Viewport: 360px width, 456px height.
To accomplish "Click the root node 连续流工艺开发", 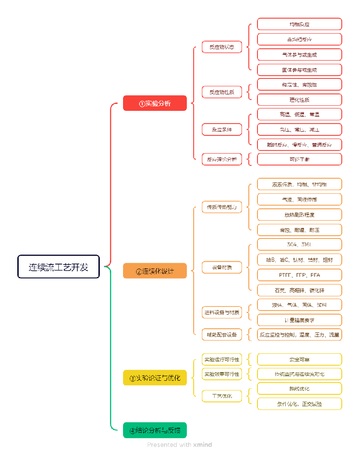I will pyautogui.click(x=58, y=267).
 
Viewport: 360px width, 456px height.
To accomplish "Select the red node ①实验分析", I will pyautogui.click(x=155, y=103).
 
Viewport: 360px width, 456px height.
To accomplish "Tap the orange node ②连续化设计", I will pyautogui.click(x=155, y=271).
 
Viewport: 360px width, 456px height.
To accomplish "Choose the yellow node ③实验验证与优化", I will pyautogui.click(x=155, y=378).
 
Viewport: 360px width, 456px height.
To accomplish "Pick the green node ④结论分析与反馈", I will pyautogui.click(x=155, y=430).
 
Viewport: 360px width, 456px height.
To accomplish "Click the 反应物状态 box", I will pyautogui.click(x=222, y=47).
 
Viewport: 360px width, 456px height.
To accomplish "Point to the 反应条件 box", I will pyautogui.click(x=222, y=130).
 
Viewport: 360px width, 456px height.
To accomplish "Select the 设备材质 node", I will pyautogui.click(x=222, y=267).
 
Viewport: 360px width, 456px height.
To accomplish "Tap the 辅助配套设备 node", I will pyautogui.click(x=222, y=335).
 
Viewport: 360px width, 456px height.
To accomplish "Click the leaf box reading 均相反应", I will pyautogui.click(x=299, y=24).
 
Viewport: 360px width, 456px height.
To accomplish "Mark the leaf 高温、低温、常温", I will pyautogui.click(x=299, y=114).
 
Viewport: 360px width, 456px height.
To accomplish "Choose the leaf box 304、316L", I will pyautogui.click(x=299, y=244).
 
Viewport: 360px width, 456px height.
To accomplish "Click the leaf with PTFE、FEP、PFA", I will pyautogui.click(x=299, y=275).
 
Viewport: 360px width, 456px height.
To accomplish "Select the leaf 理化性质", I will pyautogui.click(x=299, y=99).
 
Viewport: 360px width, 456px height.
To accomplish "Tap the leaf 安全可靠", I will pyautogui.click(x=299, y=359).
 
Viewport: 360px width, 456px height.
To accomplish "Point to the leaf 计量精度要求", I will pyautogui.click(x=299, y=320).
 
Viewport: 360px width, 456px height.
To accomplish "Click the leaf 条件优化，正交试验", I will pyautogui.click(x=299, y=404).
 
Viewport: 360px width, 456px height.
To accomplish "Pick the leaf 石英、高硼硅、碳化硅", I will pyautogui.click(x=299, y=290).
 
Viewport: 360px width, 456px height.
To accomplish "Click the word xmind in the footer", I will pyautogui.click(x=202, y=445).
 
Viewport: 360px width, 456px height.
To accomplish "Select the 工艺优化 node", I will pyautogui.click(x=222, y=396).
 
